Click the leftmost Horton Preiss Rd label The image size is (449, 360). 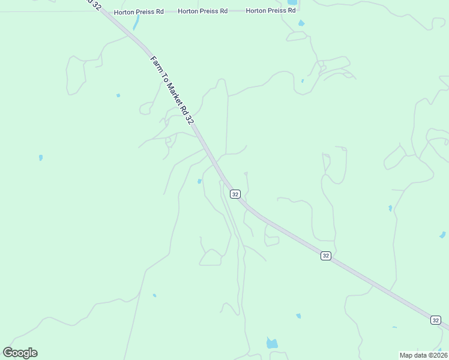[x=139, y=12]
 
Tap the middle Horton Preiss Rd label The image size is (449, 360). [x=202, y=11]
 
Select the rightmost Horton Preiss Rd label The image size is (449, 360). [x=271, y=11]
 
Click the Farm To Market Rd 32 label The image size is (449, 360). [x=172, y=90]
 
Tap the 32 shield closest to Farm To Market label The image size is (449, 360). [x=235, y=194]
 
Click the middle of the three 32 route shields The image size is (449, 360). [x=325, y=256]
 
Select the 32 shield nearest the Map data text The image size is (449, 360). [x=435, y=320]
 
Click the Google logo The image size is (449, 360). [x=20, y=353]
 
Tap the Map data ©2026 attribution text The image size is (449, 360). [x=423, y=355]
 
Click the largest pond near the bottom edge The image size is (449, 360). [x=272, y=343]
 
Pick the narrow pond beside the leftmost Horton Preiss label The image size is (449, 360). [x=136, y=23]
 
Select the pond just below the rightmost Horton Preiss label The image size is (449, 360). [x=301, y=23]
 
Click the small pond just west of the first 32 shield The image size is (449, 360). [x=199, y=181]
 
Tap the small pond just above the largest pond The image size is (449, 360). [x=298, y=316]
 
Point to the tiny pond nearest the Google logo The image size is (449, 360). [x=154, y=295]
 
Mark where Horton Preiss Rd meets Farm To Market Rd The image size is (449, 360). [x=103, y=12]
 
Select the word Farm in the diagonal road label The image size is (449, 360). [x=154, y=62]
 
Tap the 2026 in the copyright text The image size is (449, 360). [x=438, y=355]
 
